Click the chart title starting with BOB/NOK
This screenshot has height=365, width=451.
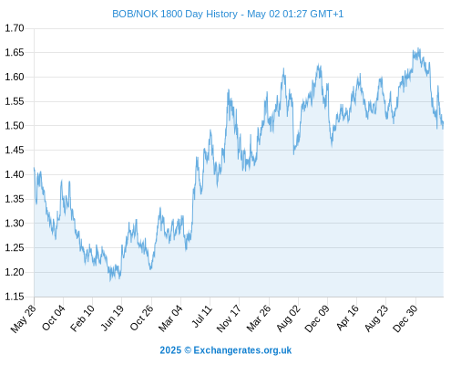pos(228,14)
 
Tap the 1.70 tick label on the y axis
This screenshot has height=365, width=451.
pos(15,28)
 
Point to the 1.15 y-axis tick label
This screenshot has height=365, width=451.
pos(15,297)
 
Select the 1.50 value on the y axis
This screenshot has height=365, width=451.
pos(15,126)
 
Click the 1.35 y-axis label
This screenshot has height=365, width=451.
pos(15,199)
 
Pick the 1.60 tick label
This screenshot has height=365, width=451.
pos(15,77)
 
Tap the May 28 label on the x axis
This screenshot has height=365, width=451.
pos(24,318)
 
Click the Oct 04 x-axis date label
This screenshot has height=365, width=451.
pos(54,318)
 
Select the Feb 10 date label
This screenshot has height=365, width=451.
pos(82,318)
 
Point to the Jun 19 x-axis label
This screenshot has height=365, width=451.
pos(112,318)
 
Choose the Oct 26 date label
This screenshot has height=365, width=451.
pos(141,318)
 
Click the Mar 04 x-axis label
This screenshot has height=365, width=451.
pos(170,318)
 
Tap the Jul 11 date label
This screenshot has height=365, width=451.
pos(202,317)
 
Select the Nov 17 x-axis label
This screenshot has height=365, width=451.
pos(229,318)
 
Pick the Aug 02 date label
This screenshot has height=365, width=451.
pos(289,318)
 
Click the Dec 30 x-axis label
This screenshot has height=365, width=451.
pos(405,318)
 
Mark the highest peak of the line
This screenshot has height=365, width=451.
pos(419,47)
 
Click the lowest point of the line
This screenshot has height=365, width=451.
pos(110,281)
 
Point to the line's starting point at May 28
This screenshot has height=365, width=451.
pos(34,168)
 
